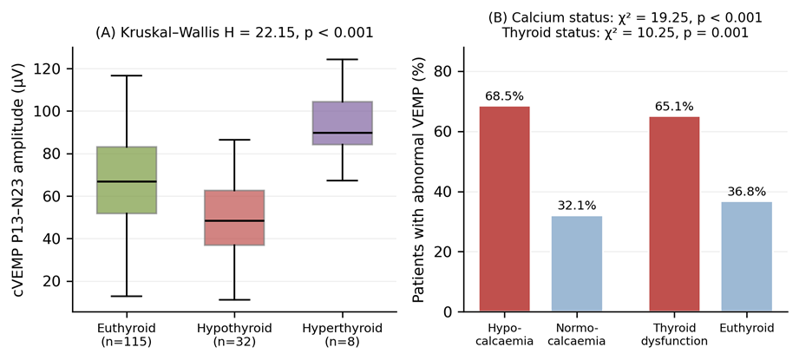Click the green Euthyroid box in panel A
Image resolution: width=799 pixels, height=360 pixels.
coord(127,180)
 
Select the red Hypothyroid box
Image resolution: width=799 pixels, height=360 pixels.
coord(234,218)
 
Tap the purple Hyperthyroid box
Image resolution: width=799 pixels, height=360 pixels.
coord(343,122)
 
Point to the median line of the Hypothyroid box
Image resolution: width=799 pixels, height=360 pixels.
coord(234,220)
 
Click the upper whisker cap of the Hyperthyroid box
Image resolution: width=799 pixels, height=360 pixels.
coord(343,59)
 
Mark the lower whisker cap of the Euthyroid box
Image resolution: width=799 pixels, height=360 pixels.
coord(127,296)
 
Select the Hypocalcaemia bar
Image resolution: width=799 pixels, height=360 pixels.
coord(504,209)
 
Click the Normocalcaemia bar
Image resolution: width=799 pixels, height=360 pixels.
coord(577,264)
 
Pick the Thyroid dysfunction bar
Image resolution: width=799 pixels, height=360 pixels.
coord(674,214)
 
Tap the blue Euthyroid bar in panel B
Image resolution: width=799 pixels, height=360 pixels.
coord(747,257)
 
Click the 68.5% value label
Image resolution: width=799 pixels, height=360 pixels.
coord(504,96)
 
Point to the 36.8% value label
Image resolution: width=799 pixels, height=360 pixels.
coord(747,192)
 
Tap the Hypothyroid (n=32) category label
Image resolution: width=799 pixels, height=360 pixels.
coord(234,335)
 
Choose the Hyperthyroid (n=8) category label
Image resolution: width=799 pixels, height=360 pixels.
coord(343,335)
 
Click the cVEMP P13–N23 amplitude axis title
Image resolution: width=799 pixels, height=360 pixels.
coord(18,180)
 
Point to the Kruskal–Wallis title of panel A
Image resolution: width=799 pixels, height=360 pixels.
coord(234,33)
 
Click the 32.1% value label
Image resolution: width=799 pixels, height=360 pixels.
coord(577,206)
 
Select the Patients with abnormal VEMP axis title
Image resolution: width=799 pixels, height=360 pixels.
coord(419,180)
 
